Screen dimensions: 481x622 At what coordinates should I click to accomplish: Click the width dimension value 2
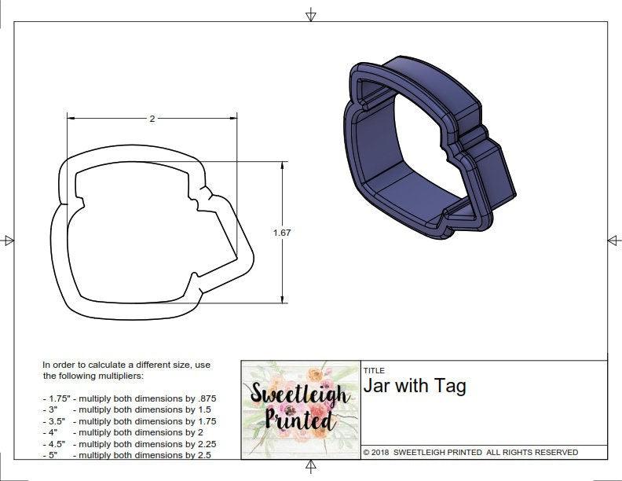click(152, 119)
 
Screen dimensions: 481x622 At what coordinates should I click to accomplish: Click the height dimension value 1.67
click(283, 233)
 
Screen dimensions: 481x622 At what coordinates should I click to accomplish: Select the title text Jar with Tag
click(415, 386)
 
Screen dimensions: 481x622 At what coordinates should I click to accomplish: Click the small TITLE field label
click(373, 371)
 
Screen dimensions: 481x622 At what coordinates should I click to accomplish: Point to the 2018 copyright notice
click(470, 452)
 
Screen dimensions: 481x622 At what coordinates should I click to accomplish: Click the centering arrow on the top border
click(311, 14)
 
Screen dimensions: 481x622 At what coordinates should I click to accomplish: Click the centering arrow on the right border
click(613, 240)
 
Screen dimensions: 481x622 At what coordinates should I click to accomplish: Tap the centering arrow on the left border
click(9, 240)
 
